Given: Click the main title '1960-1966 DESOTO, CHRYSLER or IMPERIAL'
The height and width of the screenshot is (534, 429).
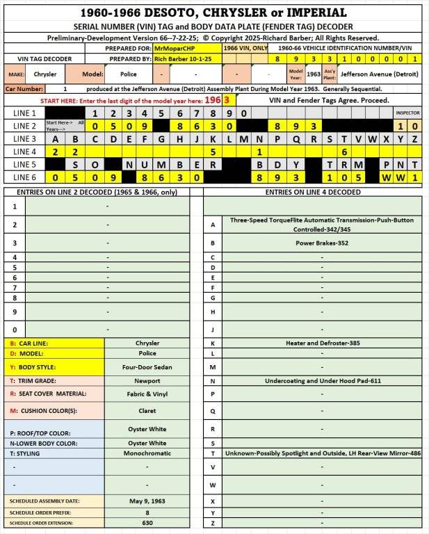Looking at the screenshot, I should [214, 13].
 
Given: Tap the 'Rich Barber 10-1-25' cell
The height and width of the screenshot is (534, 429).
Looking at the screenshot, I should [185, 60].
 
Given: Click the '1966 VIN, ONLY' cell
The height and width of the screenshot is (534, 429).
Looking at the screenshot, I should [245, 49].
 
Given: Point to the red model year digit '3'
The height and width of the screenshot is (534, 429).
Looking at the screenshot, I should [227, 100].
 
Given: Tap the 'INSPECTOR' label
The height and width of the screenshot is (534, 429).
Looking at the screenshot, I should [407, 113].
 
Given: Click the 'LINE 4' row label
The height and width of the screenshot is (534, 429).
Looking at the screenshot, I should [24, 152].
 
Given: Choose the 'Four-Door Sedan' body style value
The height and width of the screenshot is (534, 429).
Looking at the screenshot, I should [147, 366].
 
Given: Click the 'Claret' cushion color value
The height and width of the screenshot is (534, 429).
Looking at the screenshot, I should [147, 410].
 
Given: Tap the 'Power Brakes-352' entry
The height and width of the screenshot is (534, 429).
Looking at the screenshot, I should [322, 243].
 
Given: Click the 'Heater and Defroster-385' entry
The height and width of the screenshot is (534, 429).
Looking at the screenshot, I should [322, 343].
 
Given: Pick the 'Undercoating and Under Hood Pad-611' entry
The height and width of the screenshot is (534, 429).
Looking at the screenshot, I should [322, 380].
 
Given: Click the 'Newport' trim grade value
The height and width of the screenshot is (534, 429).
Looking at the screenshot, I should [147, 381].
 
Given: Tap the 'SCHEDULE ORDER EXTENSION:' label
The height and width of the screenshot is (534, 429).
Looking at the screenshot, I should [43, 523].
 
